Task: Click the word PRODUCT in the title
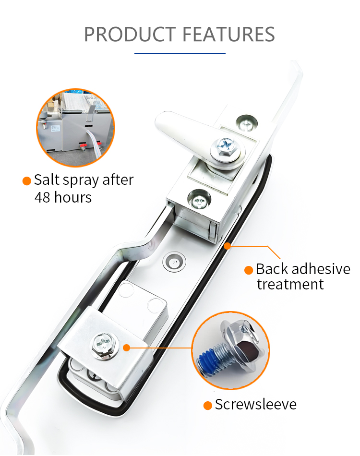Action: pyautogui.click(x=130, y=34)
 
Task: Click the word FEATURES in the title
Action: pyautogui.click(x=228, y=34)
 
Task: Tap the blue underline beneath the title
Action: pyautogui.click(x=180, y=53)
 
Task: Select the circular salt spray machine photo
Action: pyautogui.click(x=76, y=128)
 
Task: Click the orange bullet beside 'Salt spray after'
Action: pyautogui.click(x=27, y=180)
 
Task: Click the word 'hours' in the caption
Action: pyautogui.click(x=73, y=197)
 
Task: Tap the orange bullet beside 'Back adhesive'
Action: pyautogui.click(x=249, y=270)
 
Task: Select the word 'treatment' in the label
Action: pyautogui.click(x=290, y=285)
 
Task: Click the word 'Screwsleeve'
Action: pyautogui.click(x=256, y=404)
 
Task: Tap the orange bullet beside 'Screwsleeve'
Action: pyautogui.click(x=208, y=406)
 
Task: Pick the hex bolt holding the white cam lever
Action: pyautogui.click(x=226, y=148)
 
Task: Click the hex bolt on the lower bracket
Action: pyautogui.click(x=104, y=345)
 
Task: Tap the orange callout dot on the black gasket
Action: pyautogui.click(x=228, y=246)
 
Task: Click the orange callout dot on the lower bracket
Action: pyautogui.click(x=127, y=348)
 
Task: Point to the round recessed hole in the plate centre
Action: pyautogui.click(x=174, y=262)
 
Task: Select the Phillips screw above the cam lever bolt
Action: pyautogui.click(x=247, y=123)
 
